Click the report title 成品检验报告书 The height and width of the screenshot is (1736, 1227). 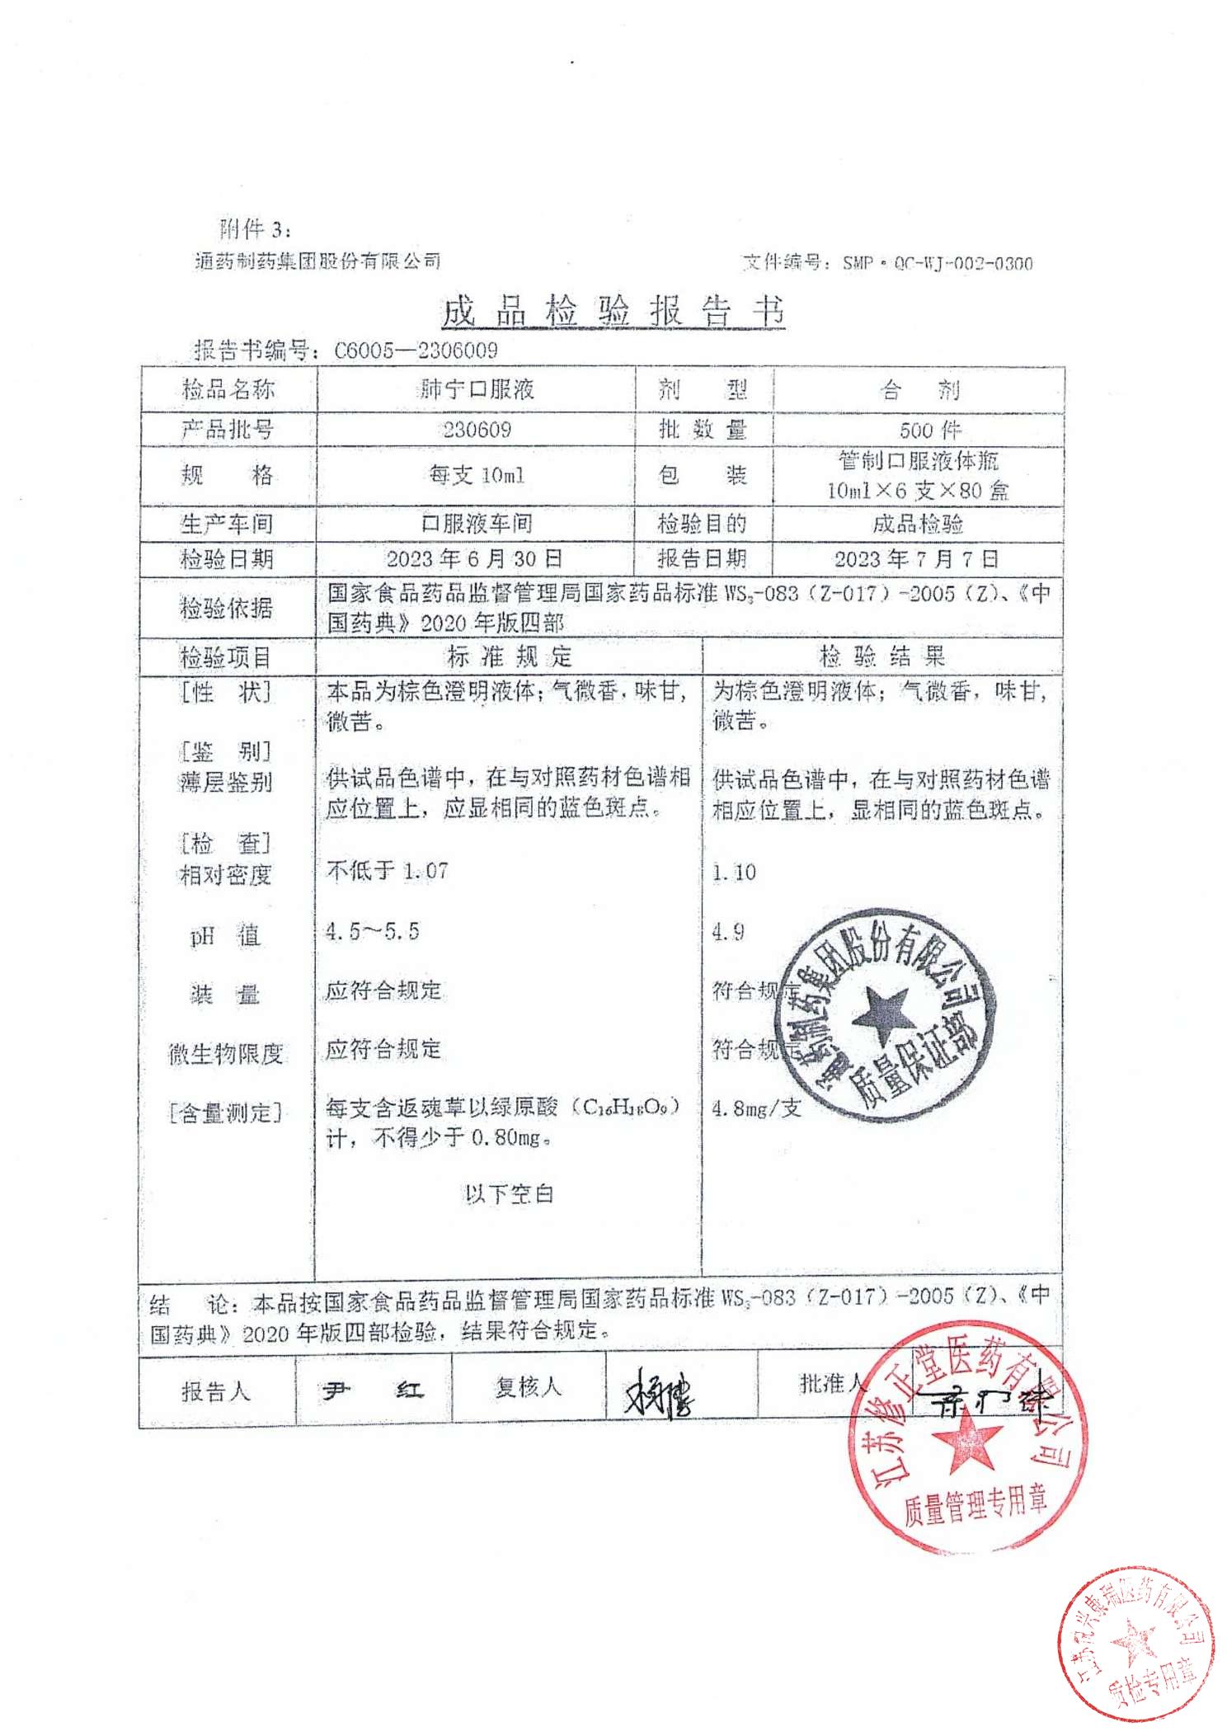tap(613, 312)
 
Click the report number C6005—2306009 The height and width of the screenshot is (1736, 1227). tap(416, 350)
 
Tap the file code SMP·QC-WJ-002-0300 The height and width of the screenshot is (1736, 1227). tap(937, 264)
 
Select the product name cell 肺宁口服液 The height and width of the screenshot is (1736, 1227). tap(477, 389)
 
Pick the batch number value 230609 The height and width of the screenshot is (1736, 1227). tap(477, 430)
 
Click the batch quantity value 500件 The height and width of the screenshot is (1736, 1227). tap(930, 430)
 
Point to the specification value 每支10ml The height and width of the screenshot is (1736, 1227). tap(477, 475)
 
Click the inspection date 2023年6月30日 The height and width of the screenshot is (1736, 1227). tap(475, 559)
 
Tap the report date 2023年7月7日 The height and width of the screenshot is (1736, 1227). tap(916, 559)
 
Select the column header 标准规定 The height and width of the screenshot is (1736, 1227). tap(509, 656)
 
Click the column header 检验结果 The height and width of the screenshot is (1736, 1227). tap(881, 656)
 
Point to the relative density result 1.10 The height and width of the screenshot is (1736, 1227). tap(734, 872)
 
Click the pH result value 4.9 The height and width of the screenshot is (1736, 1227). tap(728, 932)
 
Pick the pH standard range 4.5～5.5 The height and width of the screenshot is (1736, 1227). tap(372, 932)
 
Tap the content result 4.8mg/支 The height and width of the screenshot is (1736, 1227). tap(756, 1108)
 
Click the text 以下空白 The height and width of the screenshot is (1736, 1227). tap(509, 1193)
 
